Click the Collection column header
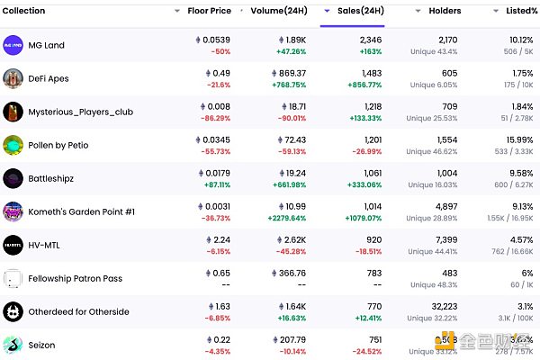click(24, 11)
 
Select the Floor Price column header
click(209, 11)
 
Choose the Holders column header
click(445, 11)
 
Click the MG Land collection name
click(47, 45)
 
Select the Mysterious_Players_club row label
click(80, 112)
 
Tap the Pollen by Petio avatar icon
click(13, 145)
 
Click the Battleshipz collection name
click(50, 178)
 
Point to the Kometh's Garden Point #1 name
click(81, 211)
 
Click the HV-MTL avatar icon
click(13, 245)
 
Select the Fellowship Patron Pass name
click(75, 278)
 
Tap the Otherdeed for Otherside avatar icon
click(13, 311)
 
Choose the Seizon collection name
click(41, 345)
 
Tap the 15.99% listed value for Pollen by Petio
click(522, 139)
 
